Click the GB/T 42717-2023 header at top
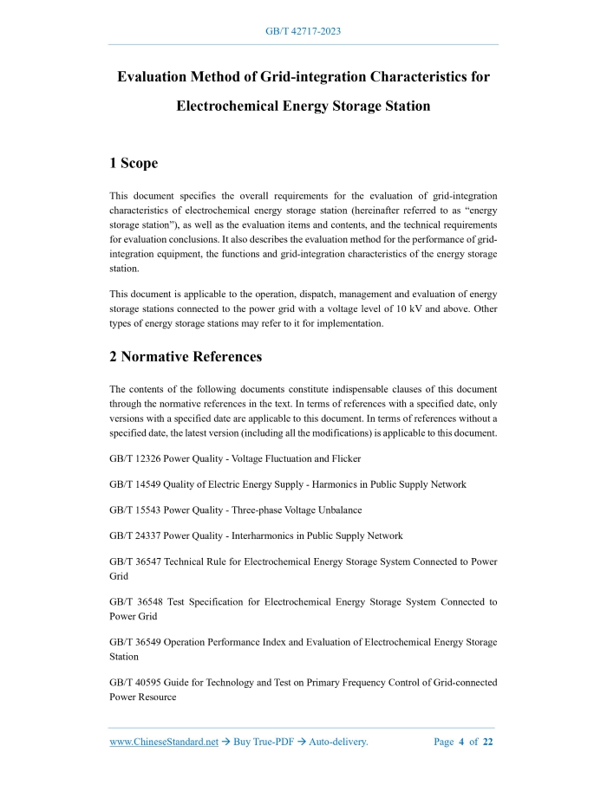click(303, 31)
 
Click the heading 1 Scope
click(134, 163)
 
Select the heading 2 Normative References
click(186, 356)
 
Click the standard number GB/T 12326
click(134, 458)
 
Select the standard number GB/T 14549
click(134, 484)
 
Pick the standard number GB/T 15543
click(134, 510)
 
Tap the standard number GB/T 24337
click(134, 536)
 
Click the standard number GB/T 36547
click(134, 561)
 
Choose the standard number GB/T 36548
click(135, 602)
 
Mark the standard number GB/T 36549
click(134, 642)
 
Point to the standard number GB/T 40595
click(134, 682)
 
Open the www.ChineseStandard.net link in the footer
click(164, 742)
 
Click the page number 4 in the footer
click(462, 742)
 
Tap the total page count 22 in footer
click(487, 742)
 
